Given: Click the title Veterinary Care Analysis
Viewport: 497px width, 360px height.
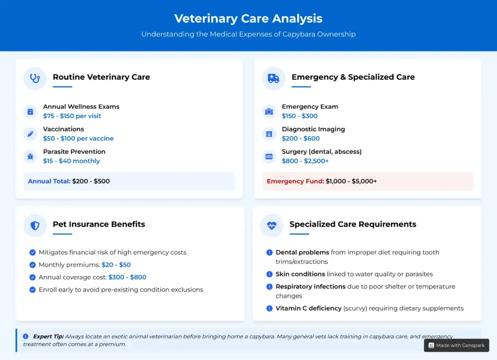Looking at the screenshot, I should [x=248, y=18].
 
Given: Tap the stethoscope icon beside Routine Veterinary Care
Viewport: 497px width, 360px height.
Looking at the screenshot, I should [x=35, y=78].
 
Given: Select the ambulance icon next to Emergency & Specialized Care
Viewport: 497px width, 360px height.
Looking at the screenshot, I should [x=274, y=78].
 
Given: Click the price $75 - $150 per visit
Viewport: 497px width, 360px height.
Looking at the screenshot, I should [x=72, y=116].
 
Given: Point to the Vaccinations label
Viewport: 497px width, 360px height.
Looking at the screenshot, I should [x=63, y=129].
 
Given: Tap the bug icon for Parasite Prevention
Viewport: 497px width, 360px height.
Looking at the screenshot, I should [x=30, y=156].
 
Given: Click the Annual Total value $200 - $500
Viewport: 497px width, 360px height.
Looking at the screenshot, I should [x=91, y=181].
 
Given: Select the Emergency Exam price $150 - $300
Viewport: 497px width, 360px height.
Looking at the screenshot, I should [x=299, y=116].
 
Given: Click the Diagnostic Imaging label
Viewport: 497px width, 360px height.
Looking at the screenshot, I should [x=313, y=129].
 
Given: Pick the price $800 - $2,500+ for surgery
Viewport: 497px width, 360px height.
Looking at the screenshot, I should [x=305, y=161].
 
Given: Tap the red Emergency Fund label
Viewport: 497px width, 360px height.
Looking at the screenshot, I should [x=295, y=181].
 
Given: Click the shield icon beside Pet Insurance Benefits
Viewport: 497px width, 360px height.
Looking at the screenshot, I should [x=35, y=225].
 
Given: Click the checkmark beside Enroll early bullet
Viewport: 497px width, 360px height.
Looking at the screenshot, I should [x=33, y=290].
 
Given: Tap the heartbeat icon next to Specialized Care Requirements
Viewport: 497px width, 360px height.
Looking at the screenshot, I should [x=272, y=225].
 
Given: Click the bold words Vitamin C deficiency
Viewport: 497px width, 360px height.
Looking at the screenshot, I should [x=308, y=309].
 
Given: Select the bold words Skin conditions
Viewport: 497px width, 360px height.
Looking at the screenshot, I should [x=300, y=274].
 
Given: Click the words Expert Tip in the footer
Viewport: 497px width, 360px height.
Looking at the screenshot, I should [x=48, y=336].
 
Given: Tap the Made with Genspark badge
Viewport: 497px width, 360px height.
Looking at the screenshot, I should [x=456, y=345].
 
